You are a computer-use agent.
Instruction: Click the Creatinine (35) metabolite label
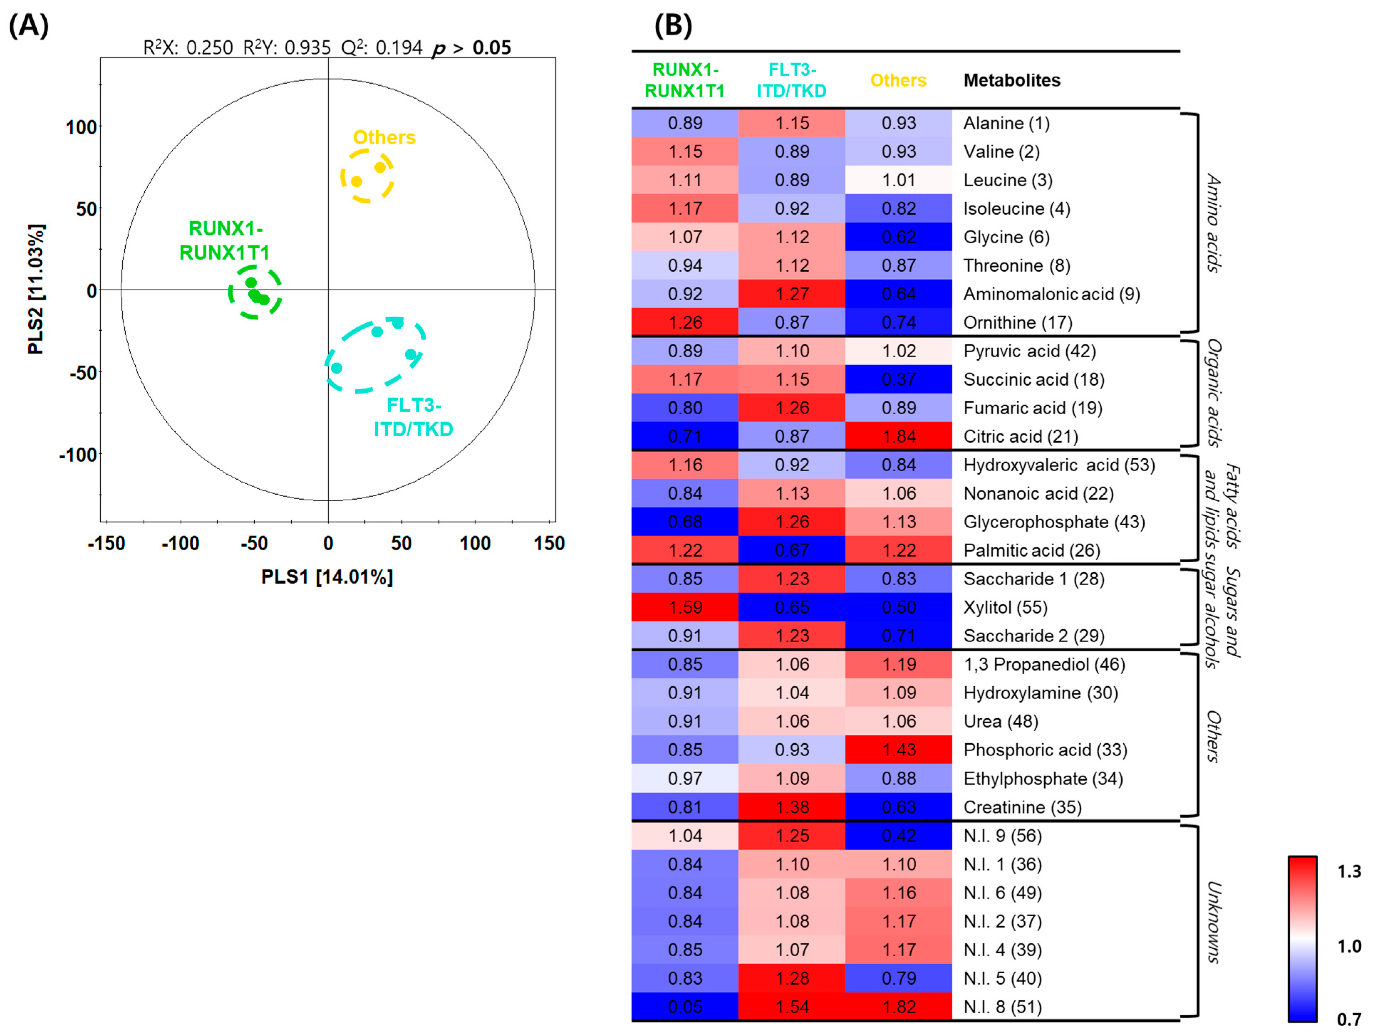pos(1022,807)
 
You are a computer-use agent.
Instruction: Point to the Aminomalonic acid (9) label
pos(1051,293)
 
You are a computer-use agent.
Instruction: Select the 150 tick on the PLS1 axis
pos(549,544)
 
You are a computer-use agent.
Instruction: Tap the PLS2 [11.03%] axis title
pos(36,289)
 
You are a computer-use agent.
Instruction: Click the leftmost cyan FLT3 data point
pos(337,368)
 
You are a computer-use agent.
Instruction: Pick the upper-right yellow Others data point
pos(380,167)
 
